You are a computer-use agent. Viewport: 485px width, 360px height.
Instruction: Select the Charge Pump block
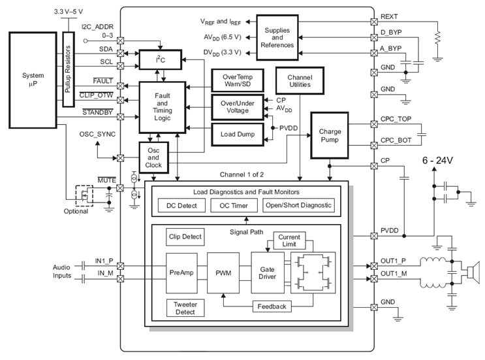(x=330, y=135)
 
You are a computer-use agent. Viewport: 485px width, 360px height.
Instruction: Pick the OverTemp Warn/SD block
(x=238, y=81)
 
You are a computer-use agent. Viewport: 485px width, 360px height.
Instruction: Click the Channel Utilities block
(x=295, y=81)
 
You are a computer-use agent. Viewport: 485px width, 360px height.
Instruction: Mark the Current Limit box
(x=289, y=240)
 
